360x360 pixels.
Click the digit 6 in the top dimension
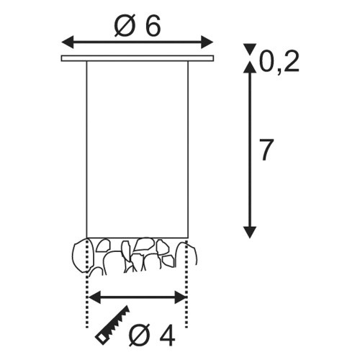tap(153, 27)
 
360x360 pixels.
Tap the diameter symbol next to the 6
tap(125, 27)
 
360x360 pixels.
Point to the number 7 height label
tap(266, 150)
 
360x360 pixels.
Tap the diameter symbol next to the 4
tap(140, 336)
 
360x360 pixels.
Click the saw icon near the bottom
tap(112, 327)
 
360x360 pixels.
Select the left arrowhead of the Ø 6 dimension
tap(68, 42)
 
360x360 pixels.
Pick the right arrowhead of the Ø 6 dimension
tap(207, 42)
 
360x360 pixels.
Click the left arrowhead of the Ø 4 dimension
tap(95, 297)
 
